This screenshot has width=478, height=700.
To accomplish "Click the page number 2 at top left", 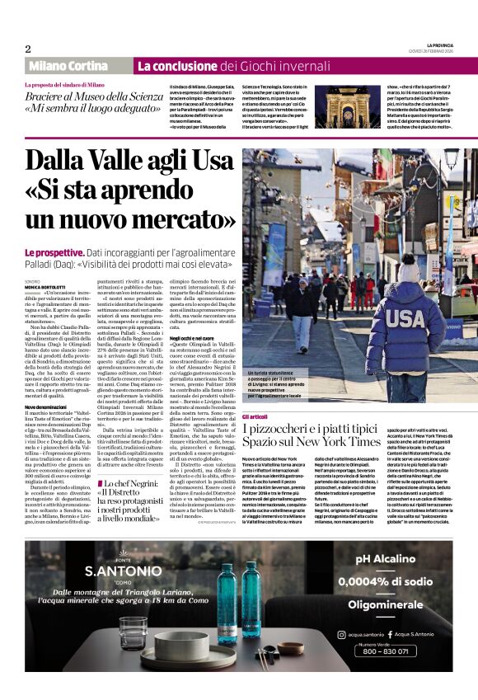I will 27,49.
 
